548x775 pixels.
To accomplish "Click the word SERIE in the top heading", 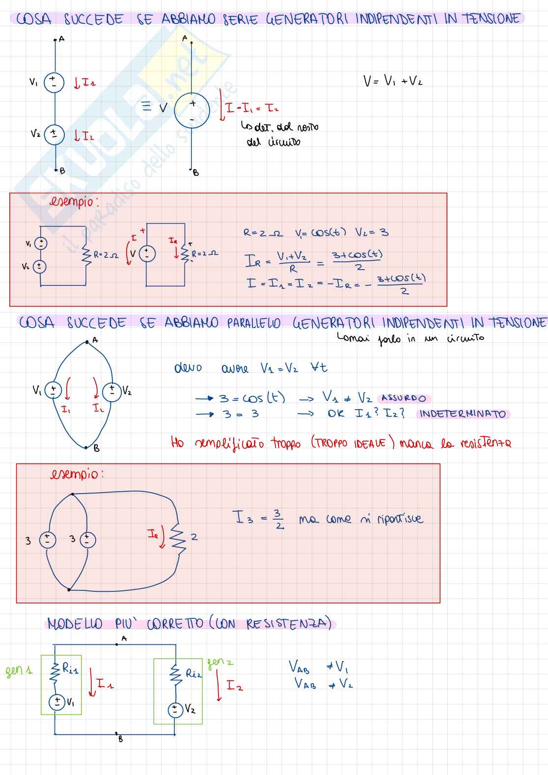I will tap(241, 20).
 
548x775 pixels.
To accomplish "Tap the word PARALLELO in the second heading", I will tap(253, 323).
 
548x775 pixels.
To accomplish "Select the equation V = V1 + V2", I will tap(392, 81).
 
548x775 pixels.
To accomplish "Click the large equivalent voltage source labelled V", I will tap(192, 111).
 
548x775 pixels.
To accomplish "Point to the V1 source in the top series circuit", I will tap(54, 83).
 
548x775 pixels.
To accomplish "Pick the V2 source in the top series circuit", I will tap(54, 134).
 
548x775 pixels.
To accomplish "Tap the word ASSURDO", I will tap(404, 398).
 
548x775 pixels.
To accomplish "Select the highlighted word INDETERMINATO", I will tap(463, 414).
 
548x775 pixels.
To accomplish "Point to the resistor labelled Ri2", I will tap(176, 674).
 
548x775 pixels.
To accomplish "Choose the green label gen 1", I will tap(19, 671).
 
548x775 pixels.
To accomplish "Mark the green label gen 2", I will tap(220, 663).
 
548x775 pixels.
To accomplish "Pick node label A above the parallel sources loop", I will tap(95, 340).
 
